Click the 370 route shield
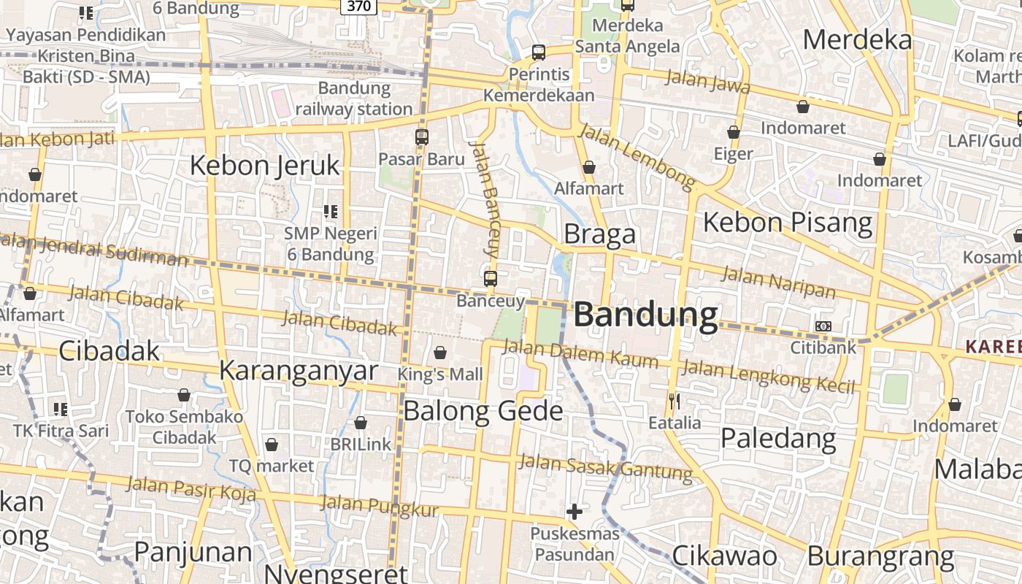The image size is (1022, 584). (x=358, y=7)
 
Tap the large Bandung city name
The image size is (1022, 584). (x=646, y=315)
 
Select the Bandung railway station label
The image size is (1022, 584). (x=355, y=99)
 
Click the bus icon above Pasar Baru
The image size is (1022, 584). (x=421, y=137)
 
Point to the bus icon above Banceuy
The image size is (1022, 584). (x=491, y=278)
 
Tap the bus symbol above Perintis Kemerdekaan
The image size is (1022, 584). (x=539, y=52)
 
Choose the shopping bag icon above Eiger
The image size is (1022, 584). (x=734, y=132)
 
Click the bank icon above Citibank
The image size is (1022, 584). (x=823, y=326)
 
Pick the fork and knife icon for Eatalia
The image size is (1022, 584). (x=675, y=401)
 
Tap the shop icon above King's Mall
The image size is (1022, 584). (x=440, y=353)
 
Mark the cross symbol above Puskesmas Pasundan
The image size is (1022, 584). (x=575, y=512)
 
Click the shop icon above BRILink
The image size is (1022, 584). (x=361, y=423)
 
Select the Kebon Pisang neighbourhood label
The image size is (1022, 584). (x=788, y=222)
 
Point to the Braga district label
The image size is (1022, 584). (x=600, y=234)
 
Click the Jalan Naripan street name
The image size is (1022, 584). (x=778, y=283)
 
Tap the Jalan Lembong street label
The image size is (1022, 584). (x=637, y=155)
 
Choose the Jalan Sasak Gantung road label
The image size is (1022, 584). (x=605, y=466)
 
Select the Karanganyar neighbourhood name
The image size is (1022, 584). (x=299, y=370)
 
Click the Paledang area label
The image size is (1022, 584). (x=778, y=438)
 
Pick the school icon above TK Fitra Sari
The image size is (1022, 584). (x=61, y=409)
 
